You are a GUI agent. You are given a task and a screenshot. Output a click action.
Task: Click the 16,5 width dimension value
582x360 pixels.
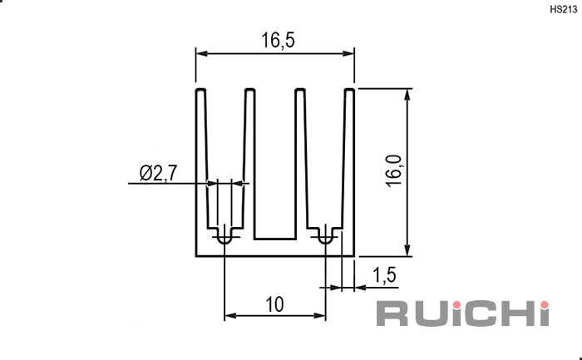coord(278,41)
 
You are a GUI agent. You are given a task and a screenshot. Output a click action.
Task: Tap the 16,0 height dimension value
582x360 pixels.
coord(393,171)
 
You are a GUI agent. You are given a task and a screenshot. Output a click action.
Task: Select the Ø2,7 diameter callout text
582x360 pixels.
coord(159,173)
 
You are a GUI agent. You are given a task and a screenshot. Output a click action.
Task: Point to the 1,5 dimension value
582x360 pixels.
coord(384,275)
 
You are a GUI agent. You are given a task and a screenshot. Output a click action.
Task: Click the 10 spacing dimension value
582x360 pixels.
coord(274,304)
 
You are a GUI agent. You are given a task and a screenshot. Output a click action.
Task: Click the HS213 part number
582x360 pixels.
coord(564,10)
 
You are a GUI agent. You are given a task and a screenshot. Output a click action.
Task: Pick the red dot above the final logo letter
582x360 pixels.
coord(544,305)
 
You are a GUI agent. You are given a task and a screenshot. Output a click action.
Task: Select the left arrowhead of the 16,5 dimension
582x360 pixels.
coord(201,53)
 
